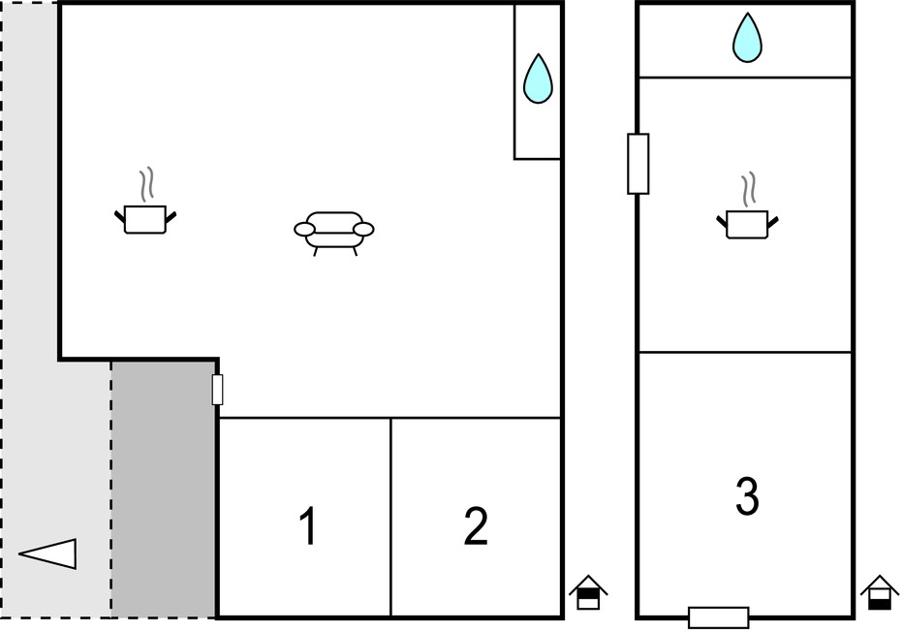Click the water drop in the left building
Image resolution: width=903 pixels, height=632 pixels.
pyautogui.click(x=538, y=79)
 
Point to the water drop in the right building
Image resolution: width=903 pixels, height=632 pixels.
pyautogui.click(x=748, y=38)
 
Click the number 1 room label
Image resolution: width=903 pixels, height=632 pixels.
pyautogui.click(x=309, y=525)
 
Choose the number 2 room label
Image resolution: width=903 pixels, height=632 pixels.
pyautogui.click(x=476, y=525)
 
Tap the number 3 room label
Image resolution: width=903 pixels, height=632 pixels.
pyautogui.click(x=748, y=495)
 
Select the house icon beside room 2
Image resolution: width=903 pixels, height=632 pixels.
pyautogui.click(x=588, y=592)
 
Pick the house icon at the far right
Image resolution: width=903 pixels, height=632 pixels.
pyautogui.click(x=880, y=592)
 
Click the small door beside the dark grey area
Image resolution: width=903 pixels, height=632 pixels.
pyautogui.click(x=217, y=390)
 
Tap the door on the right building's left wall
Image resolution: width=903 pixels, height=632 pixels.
pyautogui.click(x=638, y=164)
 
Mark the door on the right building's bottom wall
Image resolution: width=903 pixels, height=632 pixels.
pyautogui.click(x=719, y=617)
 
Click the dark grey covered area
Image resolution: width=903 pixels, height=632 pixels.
pyautogui.click(x=164, y=490)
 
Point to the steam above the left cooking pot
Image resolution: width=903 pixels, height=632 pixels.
pyautogui.click(x=147, y=185)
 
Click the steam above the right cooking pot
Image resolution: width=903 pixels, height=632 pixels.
pyautogui.click(x=749, y=190)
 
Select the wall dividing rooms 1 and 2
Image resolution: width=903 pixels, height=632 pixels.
pyautogui.click(x=390, y=518)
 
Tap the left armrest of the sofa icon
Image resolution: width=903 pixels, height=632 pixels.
pyautogui.click(x=304, y=230)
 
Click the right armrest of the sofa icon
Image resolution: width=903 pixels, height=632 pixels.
pyautogui.click(x=363, y=230)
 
